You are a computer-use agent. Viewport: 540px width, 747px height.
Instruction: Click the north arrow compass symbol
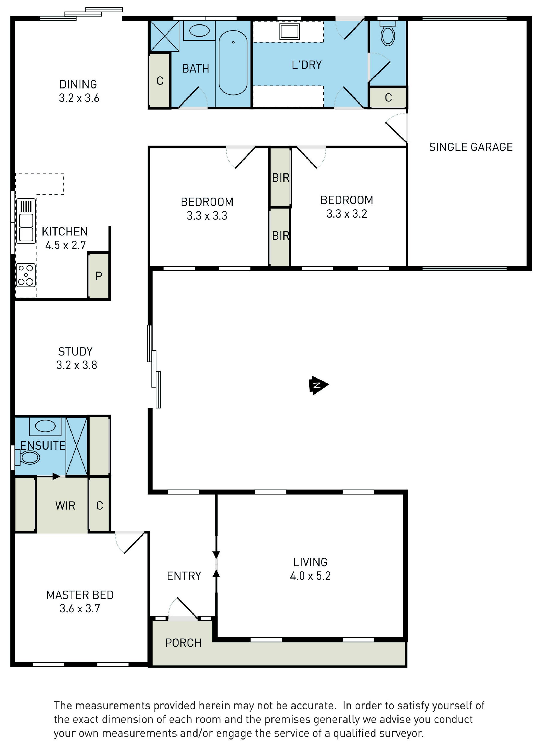click(318, 385)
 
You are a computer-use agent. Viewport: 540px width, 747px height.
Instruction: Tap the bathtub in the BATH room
click(233, 63)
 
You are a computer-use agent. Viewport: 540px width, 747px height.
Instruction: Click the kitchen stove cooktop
click(26, 275)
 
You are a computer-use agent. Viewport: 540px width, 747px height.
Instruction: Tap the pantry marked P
click(99, 276)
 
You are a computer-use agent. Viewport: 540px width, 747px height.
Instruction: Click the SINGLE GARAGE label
click(471, 147)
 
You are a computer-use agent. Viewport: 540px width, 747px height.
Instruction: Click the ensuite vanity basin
click(45, 426)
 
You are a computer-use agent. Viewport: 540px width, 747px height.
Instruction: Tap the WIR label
click(65, 506)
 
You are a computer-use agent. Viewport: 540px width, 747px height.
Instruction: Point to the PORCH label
click(183, 643)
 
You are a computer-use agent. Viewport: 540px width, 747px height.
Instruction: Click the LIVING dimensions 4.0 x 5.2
click(310, 576)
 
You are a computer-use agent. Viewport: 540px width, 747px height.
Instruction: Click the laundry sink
click(289, 32)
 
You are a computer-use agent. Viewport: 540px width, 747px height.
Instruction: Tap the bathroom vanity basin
click(199, 31)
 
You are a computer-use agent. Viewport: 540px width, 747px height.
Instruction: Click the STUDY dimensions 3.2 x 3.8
click(77, 365)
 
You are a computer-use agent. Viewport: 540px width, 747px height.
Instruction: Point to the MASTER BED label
click(80, 595)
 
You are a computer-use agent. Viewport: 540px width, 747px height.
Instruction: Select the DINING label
click(78, 84)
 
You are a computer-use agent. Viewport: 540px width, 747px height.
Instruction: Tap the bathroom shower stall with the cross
click(165, 36)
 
